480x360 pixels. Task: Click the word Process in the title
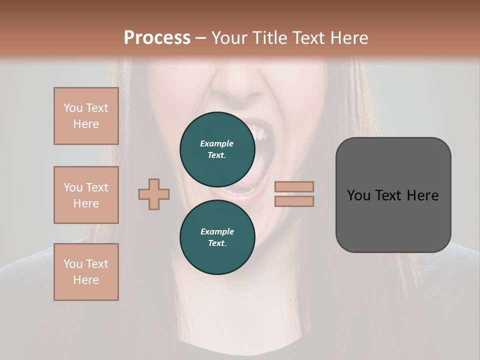tap(157, 38)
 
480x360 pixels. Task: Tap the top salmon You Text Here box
tap(86, 116)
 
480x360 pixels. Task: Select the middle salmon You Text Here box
tap(86, 195)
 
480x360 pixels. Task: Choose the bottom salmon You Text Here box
tap(86, 272)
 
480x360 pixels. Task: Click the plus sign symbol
tap(154, 194)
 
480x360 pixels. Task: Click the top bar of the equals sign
tap(294, 187)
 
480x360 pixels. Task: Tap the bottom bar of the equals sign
tap(294, 201)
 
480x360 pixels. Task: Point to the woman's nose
tap(243, 87)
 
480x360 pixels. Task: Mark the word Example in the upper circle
tap(217, 143)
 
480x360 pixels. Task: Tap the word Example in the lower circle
tap(217, 231)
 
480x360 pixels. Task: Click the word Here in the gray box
tap(422, 195)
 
